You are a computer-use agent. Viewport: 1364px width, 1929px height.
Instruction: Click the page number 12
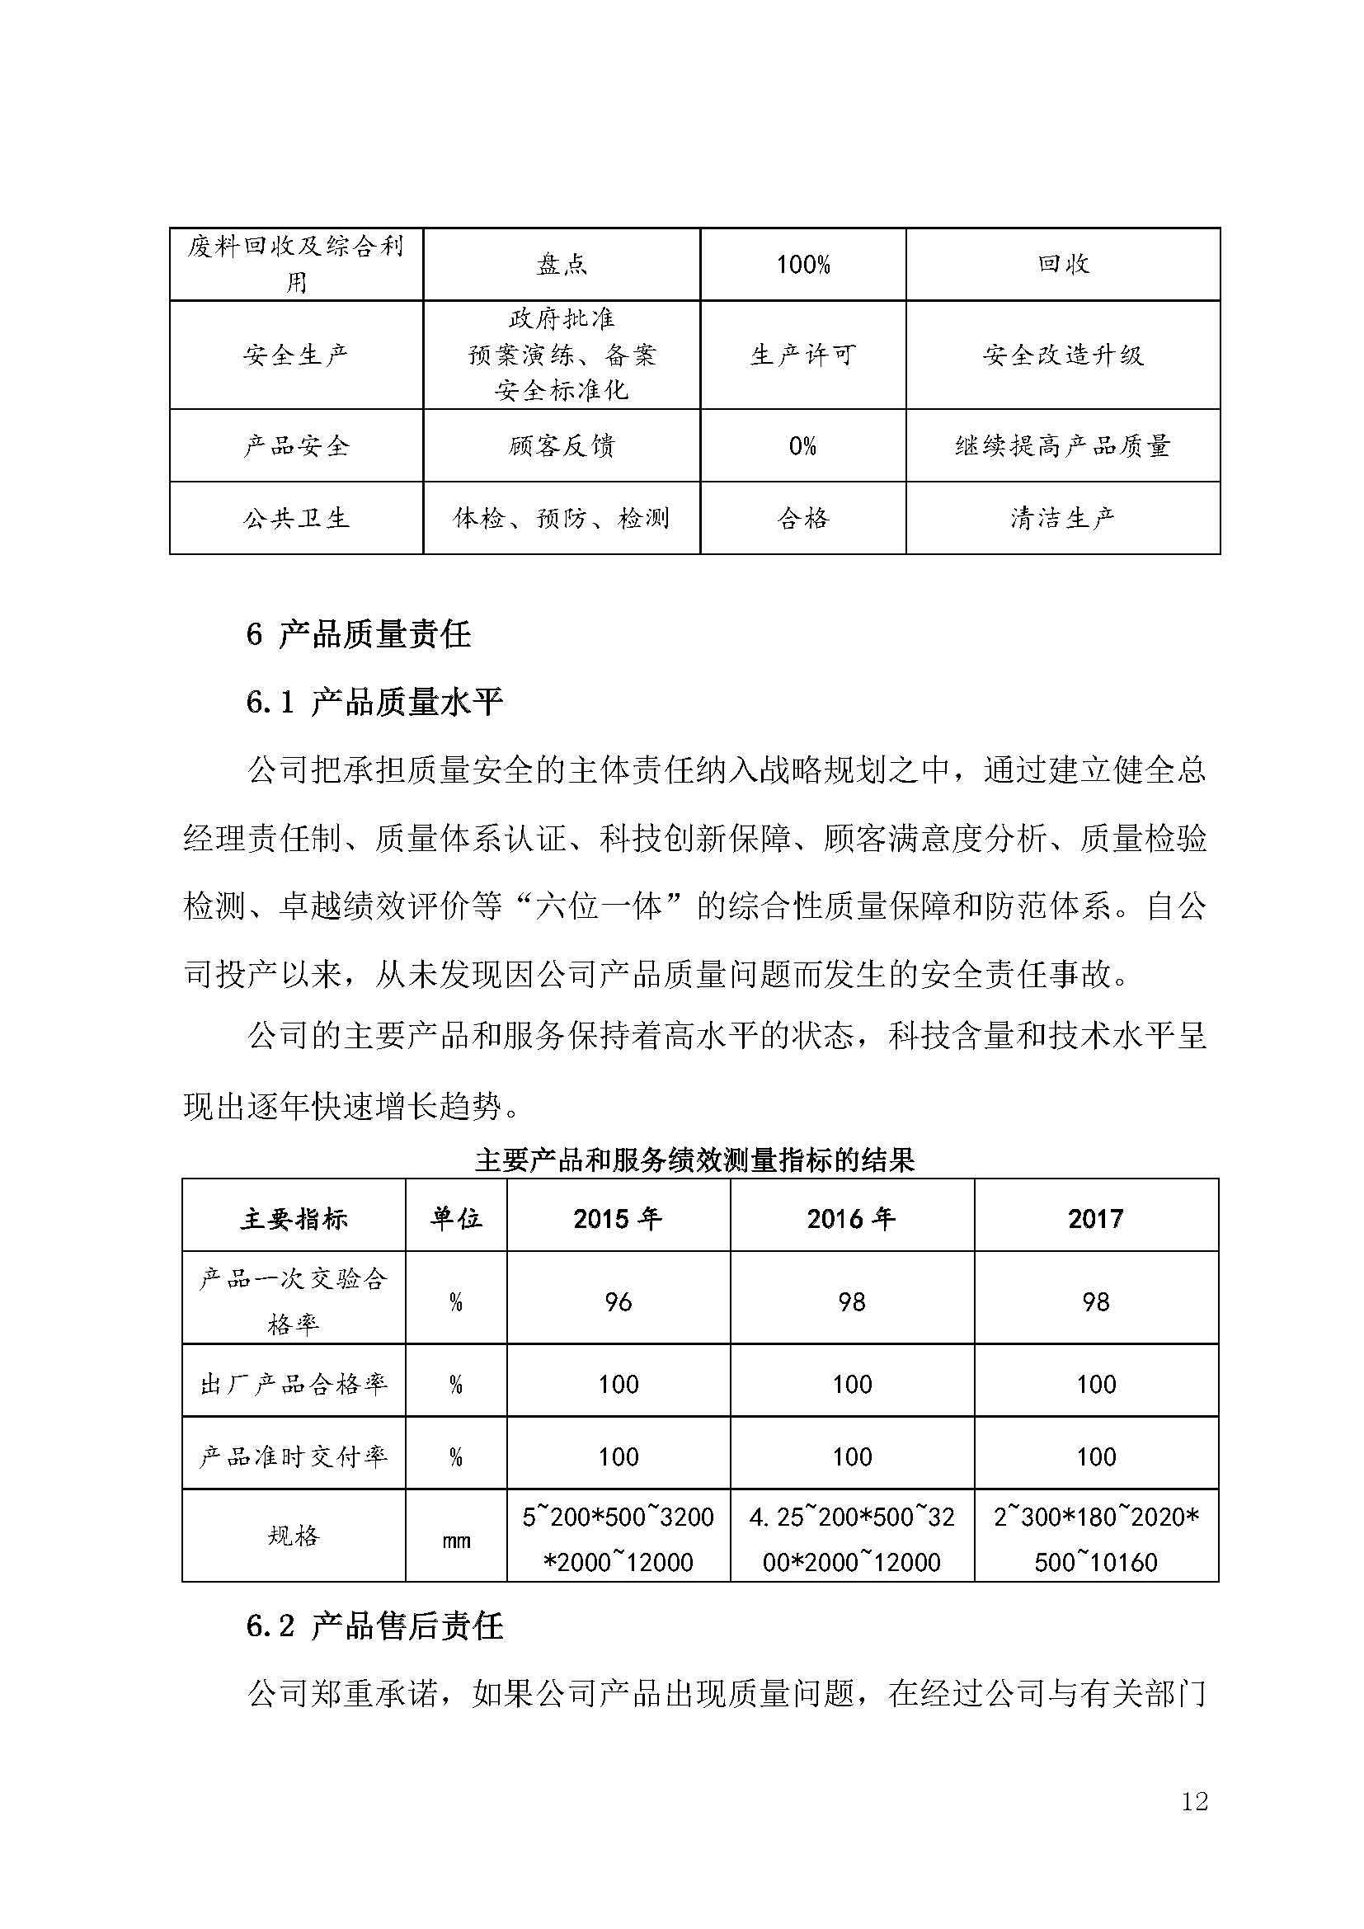tap(1193, 1801)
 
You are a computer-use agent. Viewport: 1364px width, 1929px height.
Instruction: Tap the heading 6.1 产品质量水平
tap(374, 703)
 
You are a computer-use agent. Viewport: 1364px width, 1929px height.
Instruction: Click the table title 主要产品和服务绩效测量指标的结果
tap(694, 1161)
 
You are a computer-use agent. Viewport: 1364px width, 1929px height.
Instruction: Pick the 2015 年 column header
tap(618, 1219)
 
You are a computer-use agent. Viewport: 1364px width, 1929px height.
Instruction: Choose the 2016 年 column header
tap(851, 1219)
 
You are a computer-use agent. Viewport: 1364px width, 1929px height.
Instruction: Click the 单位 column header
tap(456, 1219)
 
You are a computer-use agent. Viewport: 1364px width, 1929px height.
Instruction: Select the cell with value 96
tap(619, 1302)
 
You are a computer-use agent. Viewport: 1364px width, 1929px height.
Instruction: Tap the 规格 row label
tap(293, 1536)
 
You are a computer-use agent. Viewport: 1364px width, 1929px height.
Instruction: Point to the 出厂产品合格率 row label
tap(293, 1385)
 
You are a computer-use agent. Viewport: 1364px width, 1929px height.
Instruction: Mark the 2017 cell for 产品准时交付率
tap(1096, 1456)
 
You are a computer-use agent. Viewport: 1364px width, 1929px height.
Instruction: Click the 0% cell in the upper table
tap(803, 446)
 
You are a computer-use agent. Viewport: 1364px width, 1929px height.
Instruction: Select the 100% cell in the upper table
tap(803, 266)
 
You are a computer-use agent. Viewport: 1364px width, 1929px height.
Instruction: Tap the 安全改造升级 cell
tap(1062, 355)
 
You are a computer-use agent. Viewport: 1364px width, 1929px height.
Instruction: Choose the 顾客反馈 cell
tap(561, 446)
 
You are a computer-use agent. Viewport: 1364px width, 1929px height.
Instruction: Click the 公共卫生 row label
tap(296, 519)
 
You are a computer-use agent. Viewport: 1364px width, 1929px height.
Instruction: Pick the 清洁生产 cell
tap(1062, 519)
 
